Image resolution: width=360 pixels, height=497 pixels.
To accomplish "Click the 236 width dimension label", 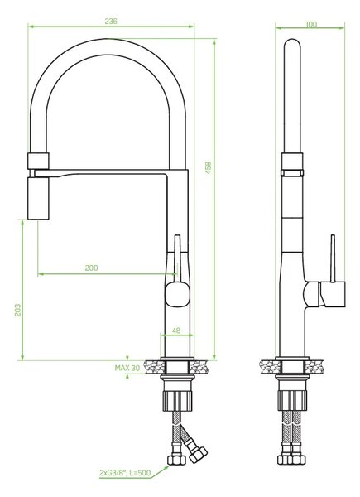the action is tap(111, 22).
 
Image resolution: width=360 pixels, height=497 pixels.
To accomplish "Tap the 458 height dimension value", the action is tap(208, 167).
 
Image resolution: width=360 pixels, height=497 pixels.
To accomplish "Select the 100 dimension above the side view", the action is tap(311, 24).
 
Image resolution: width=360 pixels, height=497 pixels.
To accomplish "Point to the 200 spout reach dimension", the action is tap(91, 268).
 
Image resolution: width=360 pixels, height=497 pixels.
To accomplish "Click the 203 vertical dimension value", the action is tap(17, 310).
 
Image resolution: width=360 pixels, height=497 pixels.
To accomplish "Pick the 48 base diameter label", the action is tap(176, 331).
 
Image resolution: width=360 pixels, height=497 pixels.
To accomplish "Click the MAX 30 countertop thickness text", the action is tap(127, 368).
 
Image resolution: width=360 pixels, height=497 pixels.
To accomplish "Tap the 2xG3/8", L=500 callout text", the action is tap(125, 473).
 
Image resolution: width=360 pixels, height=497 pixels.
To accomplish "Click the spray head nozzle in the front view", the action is tap(38, 198).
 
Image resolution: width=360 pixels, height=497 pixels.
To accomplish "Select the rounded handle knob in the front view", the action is tap(177, 294).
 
